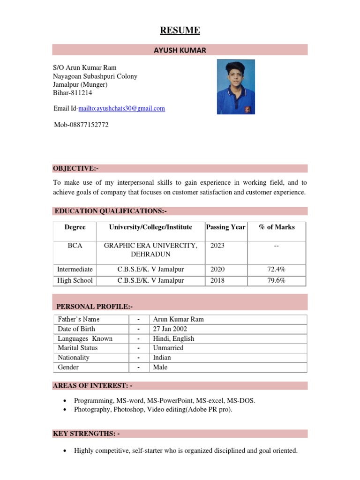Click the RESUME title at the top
click(x=180, y=31)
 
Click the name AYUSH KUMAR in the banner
click(x=180, y=50)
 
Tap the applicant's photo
click(x=236, y=87)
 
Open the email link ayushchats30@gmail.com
click(x=121, y=108)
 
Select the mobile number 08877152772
click(x=81, y=125)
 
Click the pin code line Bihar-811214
click(x=73, y=93)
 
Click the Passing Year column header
click(x=225, y=227)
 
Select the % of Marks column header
click(x=277, y=227)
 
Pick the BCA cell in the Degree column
click(x=75, y=246)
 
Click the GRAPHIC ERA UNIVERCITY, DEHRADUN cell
click(x=150, y=250)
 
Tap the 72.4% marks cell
click(x=277, y=269)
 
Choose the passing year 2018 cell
click(x=217, y=280)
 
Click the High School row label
click(x=75, y=280)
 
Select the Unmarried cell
click(x=168, y=348)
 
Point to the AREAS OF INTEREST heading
click(x=93, y=385)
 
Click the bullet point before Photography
click(x=64, y=410)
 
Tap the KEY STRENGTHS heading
click(x=86, y=434)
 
